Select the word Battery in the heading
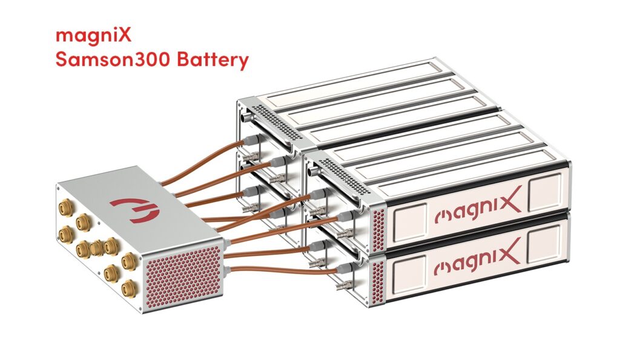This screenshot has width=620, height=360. point(211,61)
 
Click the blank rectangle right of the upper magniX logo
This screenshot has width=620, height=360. point(546,196)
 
